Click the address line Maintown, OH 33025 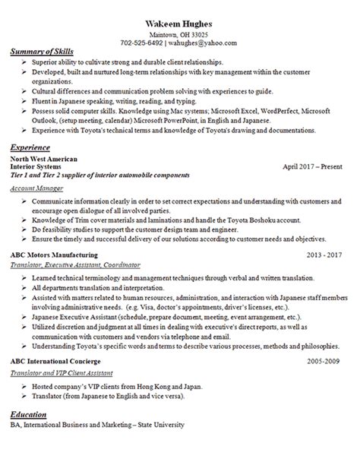point(180,33)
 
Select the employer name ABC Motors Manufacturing point(59,255)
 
